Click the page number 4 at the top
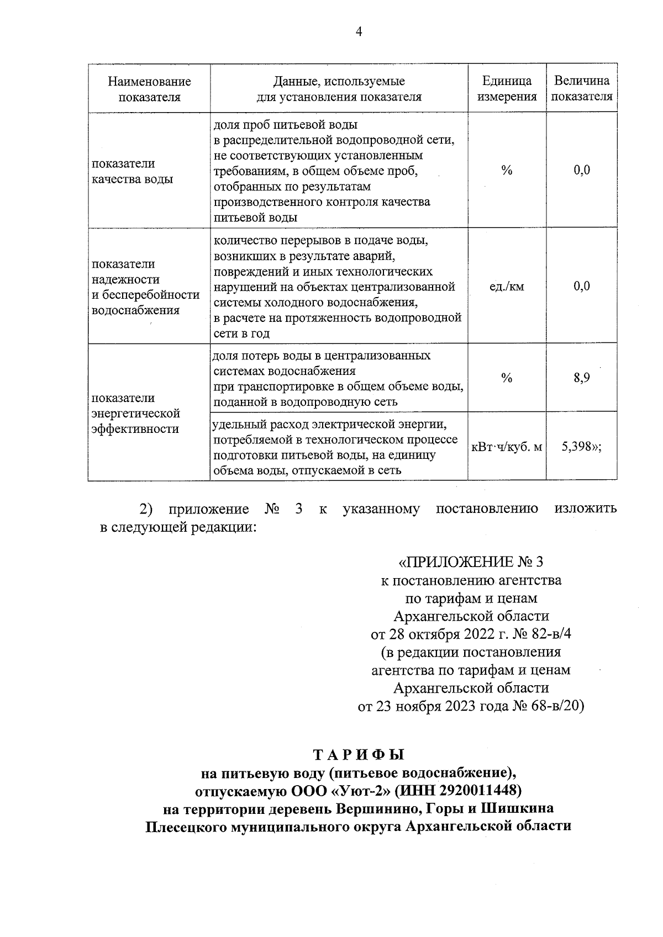[359, 32]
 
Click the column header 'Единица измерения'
[507, 89]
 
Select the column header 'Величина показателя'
[582, 89]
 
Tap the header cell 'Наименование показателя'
[149, 89]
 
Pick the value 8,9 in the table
[582, 378]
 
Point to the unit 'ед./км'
[507, 286]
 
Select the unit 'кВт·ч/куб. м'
[507, 447]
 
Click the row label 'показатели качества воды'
[132, 171]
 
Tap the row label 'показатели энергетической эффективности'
[136, 413]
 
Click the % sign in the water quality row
[507, 171]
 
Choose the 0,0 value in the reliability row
[582, 286]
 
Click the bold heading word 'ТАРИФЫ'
[359, 754]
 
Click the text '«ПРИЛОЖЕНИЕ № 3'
[471, 562]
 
